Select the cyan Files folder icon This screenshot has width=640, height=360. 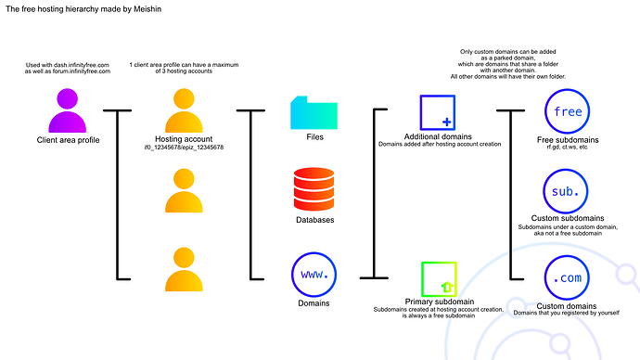(314, 111)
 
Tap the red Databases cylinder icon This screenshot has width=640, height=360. (314, 189)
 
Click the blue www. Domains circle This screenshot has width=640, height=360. (314, 275)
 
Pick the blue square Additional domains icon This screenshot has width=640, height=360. (437, 112)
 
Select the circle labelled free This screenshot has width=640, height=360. (567, 112)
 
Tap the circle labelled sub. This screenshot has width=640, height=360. (567, 194)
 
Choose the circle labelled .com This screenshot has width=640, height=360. (567, 277)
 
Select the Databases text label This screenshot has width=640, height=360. (314, 220)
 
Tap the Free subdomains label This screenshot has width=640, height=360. (567, 139)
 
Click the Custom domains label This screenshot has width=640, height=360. (567, 304)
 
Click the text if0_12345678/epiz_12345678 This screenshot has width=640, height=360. (184, 148)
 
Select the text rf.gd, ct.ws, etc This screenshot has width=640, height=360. (567, 147)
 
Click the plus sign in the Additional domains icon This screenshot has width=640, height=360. (447, 122)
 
